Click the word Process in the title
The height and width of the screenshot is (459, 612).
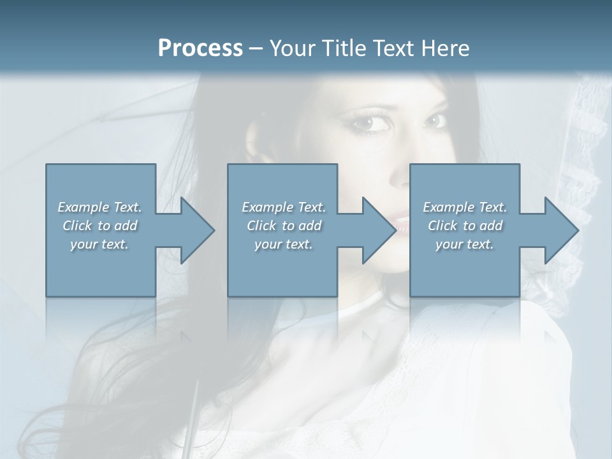tap(200, 48)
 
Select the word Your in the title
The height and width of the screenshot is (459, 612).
tap(293, 48)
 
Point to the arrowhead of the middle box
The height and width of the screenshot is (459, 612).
tap(375, 230)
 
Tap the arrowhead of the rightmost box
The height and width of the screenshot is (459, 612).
tap(558, 230)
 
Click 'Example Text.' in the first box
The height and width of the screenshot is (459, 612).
tap(99, 207)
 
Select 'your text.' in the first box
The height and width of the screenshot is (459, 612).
tap(99, 244)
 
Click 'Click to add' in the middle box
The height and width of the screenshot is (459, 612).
tap(284, 226)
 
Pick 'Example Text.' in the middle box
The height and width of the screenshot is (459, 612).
tap(284, 207)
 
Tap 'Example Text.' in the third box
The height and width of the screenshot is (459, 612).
tap(465, 207)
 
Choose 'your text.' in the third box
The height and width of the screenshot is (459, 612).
tap(465, 244)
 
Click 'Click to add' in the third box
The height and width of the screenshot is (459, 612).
tap(465, 226)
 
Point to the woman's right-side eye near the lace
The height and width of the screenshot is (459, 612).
tap(436, 120)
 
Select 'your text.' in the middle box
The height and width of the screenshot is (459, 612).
tap(284, 244)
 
